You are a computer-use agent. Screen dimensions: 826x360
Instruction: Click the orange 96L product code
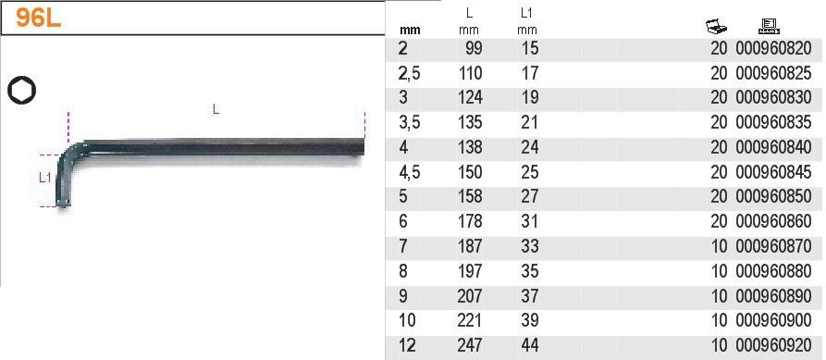(39, 18)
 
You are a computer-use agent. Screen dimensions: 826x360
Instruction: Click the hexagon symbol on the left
(21, 90)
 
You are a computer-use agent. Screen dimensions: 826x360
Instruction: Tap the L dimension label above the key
(216, 109)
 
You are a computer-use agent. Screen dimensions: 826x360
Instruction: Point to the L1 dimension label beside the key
(45, 178)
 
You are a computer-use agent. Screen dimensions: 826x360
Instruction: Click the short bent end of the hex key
(64, 180)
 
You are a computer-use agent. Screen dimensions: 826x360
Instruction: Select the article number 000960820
(773, 48)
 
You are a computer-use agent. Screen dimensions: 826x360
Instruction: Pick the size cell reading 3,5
(410, 122)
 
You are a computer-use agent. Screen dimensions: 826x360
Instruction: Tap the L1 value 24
(528, 147)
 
